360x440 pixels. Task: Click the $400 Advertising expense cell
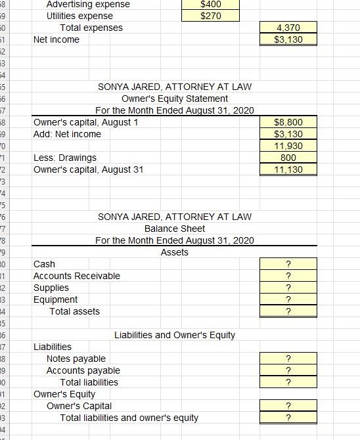[211, 4]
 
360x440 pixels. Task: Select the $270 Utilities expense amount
[211, 16]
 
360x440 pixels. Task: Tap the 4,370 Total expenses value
[288, 28]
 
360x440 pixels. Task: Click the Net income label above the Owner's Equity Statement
[56, 39]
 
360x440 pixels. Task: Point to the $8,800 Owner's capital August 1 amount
[288, 122]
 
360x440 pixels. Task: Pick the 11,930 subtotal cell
[288, 146]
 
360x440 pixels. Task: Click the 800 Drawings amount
[288, 158]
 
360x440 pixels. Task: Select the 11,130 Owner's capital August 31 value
[288, 169]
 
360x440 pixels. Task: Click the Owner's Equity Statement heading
[174, 99]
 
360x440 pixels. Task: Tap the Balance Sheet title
[174, 229]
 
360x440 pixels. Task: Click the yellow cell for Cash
[288, 264]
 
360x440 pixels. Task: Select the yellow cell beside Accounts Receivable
[288, 276]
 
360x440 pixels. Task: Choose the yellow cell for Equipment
[288, 299]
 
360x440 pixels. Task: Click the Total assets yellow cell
[288, 311]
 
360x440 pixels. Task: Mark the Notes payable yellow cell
[288, 359]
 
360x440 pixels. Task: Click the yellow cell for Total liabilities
[288, 382]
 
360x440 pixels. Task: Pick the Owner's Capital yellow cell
[288, 406]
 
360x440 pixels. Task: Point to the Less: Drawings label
[65, 158]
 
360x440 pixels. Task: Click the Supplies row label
[51, 288]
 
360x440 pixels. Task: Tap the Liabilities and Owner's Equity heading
[175, 335]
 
